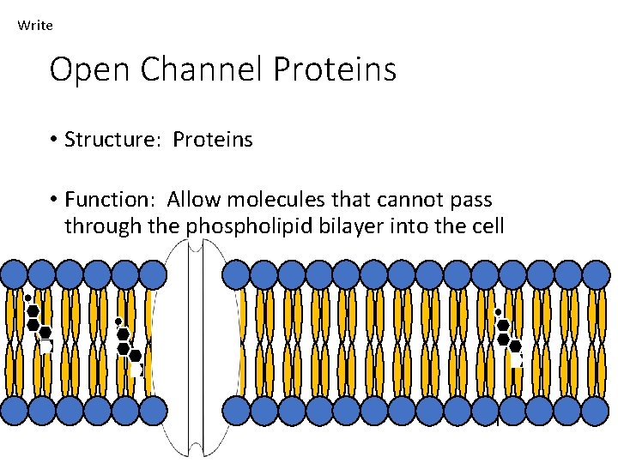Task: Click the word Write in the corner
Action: pyautogui.click(x=35, y=26)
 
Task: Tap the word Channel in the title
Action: pyautogui.click(x=201, y=69)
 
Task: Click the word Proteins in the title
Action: pyautogui.click(x=334, y=69)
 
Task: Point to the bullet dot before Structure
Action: pyautogui.click(x=53, y=140)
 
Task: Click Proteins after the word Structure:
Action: pyautogui.click(x=213, y=140)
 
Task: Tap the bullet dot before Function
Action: pyautogui.click(x=53, y=200)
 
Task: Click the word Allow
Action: pyautogui.click(x=193, y=200)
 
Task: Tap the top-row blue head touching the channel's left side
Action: pyautogui.click(x=154, y=274)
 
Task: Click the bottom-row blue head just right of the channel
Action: pyautogui.click(x=236, y=410)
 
